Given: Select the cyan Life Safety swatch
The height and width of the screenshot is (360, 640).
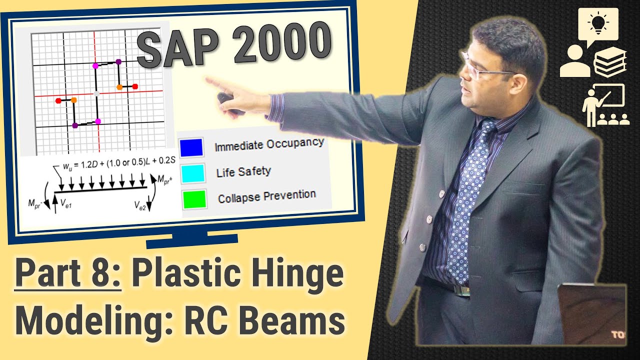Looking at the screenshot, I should pyautogui.click(x=193, y=173).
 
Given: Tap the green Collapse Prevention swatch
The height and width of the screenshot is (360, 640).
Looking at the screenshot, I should pyautogui.click(x=194, y=199).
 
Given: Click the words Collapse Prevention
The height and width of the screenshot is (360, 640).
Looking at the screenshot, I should pyautogui.click(x=266, y=195).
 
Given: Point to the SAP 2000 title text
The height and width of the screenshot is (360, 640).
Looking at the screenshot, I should pyautogui.click(x=234, y=46).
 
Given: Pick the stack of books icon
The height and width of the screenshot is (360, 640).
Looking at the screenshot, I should pyautogui.click(x=609, y=63).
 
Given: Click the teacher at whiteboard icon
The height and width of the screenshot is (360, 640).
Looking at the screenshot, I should pyautogui.click(x=604, y=105).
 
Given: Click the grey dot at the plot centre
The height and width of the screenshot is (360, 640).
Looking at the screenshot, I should pyautogui.click(x=96, y=93).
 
